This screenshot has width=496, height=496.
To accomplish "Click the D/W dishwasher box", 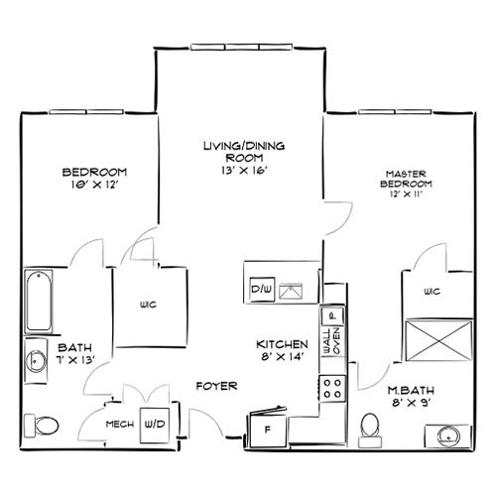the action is (x=262, y=290).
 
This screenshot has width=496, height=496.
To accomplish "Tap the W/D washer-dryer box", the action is (x=155, y=426).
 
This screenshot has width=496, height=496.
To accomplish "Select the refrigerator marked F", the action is (x=267, y=429).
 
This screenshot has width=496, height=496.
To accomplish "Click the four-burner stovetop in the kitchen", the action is (x=332, y=389).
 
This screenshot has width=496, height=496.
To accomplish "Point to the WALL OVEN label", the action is (x=332, y=341).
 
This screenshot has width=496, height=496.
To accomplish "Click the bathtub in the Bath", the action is (x=39, y=301).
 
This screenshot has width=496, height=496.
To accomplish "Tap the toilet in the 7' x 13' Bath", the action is (x=42, y=426).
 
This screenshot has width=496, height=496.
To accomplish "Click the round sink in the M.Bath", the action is (x=448, y=436).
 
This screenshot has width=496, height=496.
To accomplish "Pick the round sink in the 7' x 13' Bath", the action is (x=36, y=361).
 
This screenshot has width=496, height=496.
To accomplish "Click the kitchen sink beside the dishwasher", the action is (x=291, y=292).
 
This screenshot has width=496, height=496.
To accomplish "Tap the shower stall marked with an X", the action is (x=438, y=340).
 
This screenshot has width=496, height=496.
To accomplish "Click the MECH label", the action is (x=120, y=424).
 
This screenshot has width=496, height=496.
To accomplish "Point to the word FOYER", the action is (x=217, y=386).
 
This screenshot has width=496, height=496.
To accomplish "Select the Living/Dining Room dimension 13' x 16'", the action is (x=244, y=171).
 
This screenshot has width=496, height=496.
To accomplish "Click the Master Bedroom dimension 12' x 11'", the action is (x=407, y=193).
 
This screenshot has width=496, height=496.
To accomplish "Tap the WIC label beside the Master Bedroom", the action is (x=433, y=291).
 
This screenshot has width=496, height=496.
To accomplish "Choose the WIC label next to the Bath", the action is (x=148, y=305).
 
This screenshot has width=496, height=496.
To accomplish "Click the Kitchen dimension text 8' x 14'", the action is (x=282, y=357).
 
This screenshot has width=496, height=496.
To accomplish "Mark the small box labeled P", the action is (x=332, y=315).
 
